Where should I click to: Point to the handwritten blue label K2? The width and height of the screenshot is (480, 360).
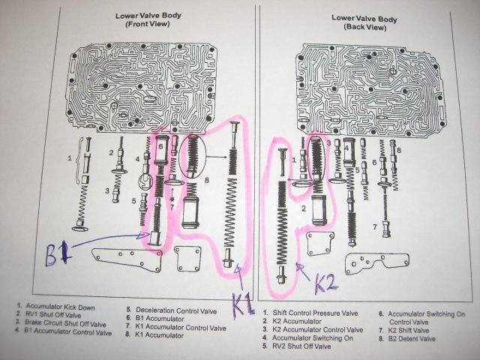tap(326, 283)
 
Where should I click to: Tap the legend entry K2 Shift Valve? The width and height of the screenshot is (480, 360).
tap(411, 330)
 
